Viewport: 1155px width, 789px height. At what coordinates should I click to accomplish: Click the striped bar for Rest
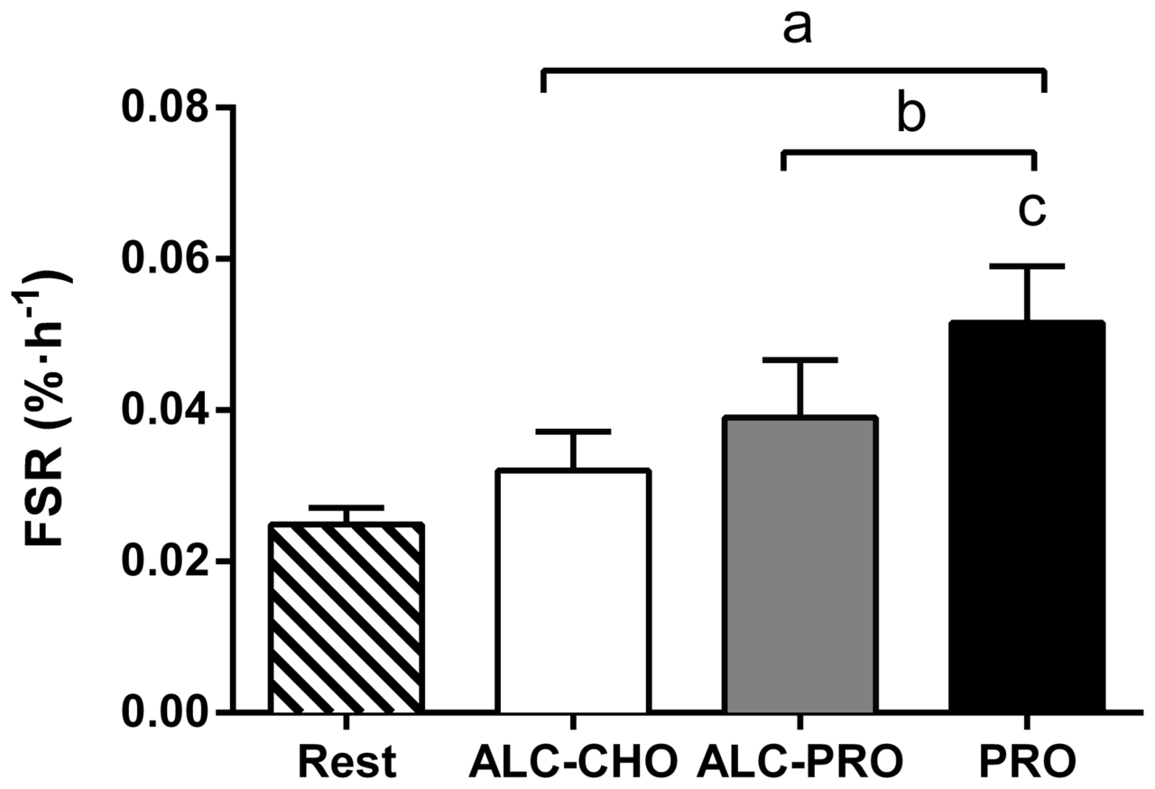click(346, 617)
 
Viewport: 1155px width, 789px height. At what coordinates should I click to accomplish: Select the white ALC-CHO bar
click(572, 591)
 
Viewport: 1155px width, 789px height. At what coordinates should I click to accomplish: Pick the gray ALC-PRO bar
click(799, 565)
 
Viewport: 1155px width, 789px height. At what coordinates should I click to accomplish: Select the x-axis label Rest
click(346, 763)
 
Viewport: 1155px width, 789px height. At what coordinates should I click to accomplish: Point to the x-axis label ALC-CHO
click(573, 763)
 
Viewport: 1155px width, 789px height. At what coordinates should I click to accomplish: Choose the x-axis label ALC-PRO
click(799, 763)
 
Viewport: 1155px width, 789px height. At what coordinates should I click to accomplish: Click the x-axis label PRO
click(1027, 763)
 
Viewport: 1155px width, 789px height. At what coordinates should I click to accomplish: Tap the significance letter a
click(797, 29)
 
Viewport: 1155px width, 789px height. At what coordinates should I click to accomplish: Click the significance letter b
click(911, 115)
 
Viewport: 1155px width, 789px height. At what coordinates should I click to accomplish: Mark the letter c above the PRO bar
click(1031, 209)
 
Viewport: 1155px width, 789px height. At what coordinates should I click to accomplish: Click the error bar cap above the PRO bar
click(1027, 266)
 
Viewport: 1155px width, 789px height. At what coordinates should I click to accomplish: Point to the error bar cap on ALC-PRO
click(799, 360)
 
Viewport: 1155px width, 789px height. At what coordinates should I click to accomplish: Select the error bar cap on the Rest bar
click(346, 507)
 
